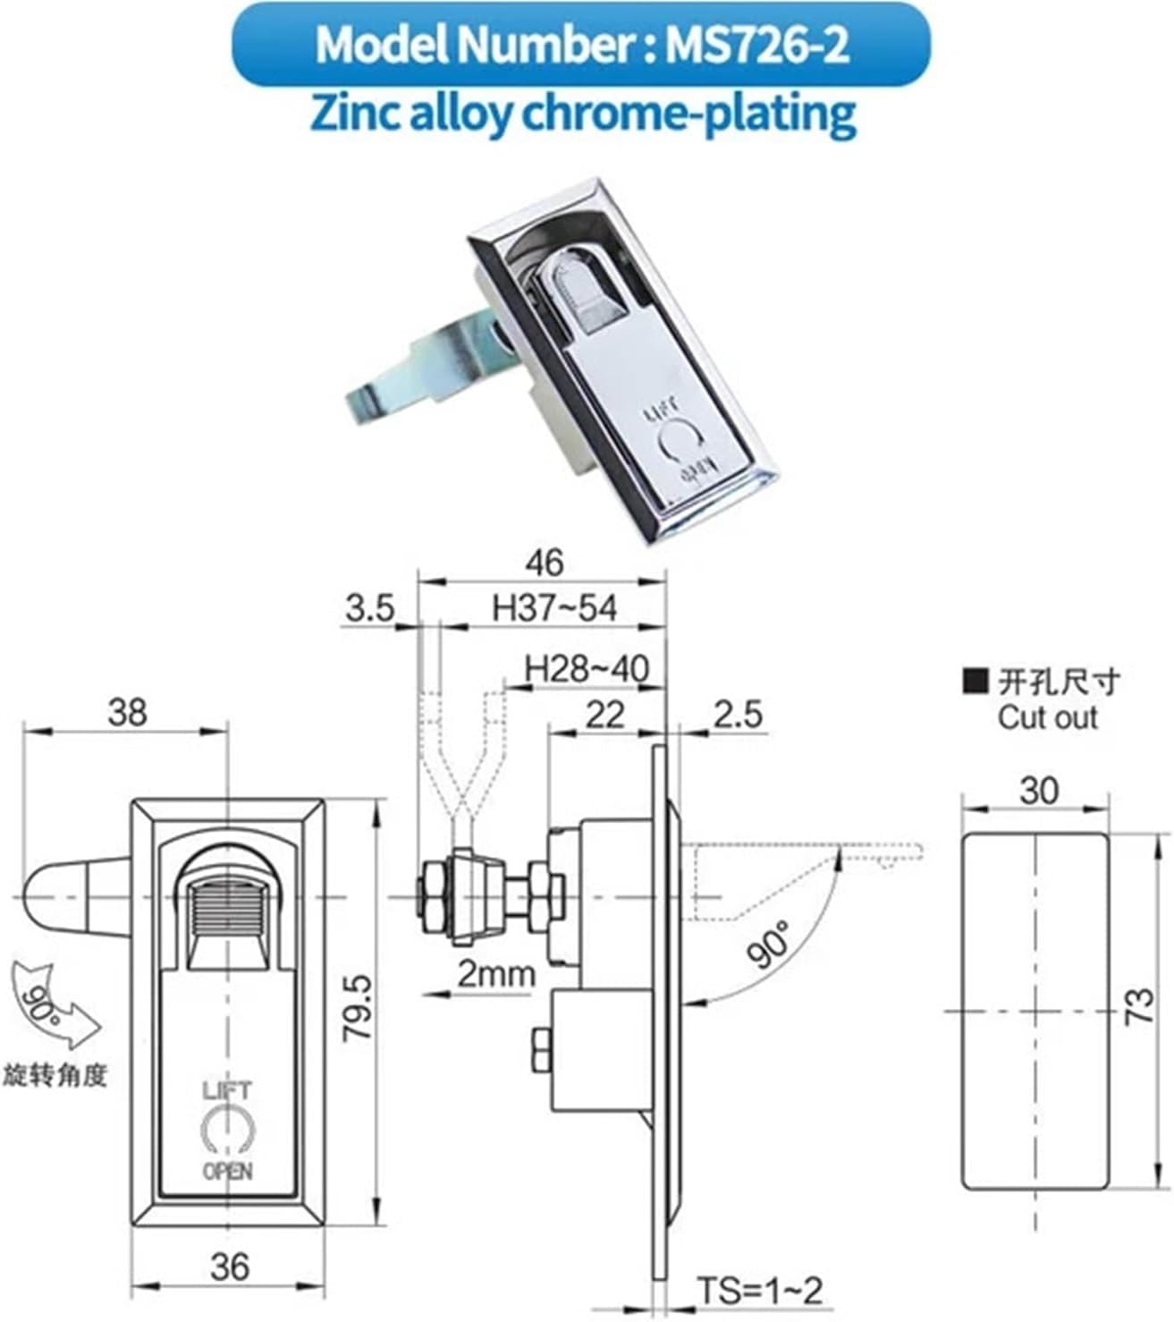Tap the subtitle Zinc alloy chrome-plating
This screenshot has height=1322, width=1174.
click(x=583, y=114)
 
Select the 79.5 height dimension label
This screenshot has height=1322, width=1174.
click(x=358, y=1007)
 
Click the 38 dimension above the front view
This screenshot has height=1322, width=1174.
click(x=126, y=713)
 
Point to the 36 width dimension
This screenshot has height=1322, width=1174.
click(x=229, y=1266)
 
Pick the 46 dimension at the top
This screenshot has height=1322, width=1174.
click(x=544, y=563)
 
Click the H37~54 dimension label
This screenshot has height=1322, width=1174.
click(x=554, y=608)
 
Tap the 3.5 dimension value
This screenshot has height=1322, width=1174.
click(x=369, y=608)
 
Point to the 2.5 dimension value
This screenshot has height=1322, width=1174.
click(x=738, y=714)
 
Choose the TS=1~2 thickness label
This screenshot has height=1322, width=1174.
click(x=759, y=1290)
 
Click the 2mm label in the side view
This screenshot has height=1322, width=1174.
click(x=496, y=973)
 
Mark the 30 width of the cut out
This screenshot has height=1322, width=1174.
click(x=1037, y=790)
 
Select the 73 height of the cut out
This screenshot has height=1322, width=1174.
click(x=1140, y=1008)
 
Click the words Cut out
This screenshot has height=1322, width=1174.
click(x=1047, y=717)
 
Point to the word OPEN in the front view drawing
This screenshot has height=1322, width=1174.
click(x=228, y=1171)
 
